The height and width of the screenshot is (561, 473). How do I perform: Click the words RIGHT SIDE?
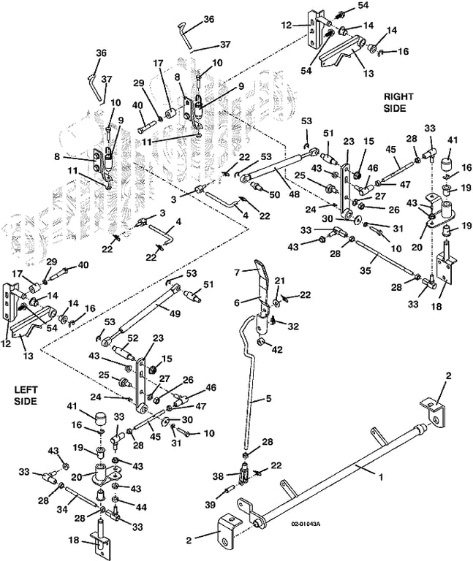click(398, 102)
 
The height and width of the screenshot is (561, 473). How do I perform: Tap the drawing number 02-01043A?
click(306, 524)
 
